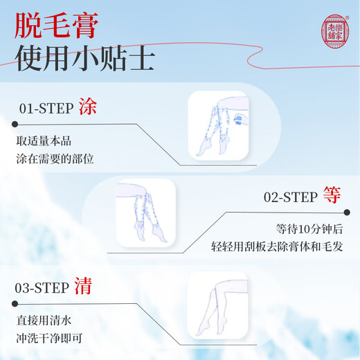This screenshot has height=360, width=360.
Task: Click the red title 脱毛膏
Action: click(57, 25)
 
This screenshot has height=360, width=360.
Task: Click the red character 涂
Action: click(89, 107)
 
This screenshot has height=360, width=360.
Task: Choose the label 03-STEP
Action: click(46, 287)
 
